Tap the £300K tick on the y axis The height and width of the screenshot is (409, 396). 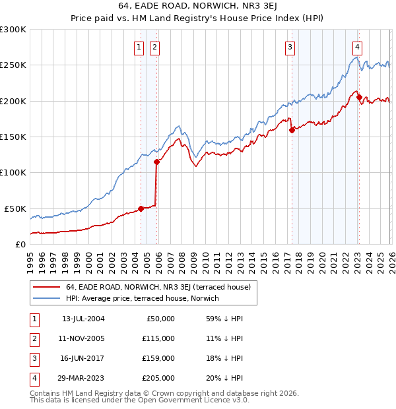point(13,30)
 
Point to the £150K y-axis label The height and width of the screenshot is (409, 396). point(13,137)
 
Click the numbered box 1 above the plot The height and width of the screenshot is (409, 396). point(140,47)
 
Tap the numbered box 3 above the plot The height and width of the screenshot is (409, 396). point(290,47)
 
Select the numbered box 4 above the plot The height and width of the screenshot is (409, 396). point(356,47)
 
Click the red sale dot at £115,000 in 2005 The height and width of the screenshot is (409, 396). point(156,162)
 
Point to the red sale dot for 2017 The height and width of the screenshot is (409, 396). point(291,130)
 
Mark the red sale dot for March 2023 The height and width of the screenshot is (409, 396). point(358,98)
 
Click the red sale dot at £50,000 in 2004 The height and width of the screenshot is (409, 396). point(141,208)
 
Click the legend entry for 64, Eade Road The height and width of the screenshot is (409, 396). point(158,287)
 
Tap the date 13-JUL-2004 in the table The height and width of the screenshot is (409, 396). point(82,318)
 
